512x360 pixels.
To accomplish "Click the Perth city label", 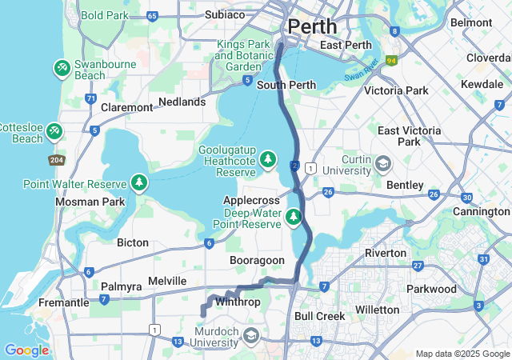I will [x=312, y=26].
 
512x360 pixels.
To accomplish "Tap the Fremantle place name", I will [x=64, y=302].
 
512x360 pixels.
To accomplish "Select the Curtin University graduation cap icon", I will [x=384, y=164].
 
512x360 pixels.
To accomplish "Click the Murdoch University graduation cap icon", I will [x=251, y=334].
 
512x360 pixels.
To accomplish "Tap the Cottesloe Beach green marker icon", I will [x=54, y=130].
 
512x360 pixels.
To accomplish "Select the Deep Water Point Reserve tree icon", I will [x=294, y=216].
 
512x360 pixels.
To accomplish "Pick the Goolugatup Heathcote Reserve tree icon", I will [x=267, y=158].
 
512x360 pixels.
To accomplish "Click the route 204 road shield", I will [x=57, y=159].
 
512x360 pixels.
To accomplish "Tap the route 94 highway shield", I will [x=391, y=59].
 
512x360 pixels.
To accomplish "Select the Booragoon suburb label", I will [x=257, y=261].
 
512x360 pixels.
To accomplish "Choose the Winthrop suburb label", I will [x=238, y=302].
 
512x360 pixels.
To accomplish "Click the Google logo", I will [x=26, y=350].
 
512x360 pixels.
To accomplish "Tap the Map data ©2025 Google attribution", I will [x=462, y=354].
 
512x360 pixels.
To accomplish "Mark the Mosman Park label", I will [x=90, y=202].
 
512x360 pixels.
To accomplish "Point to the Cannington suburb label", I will [x=482, y=211].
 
